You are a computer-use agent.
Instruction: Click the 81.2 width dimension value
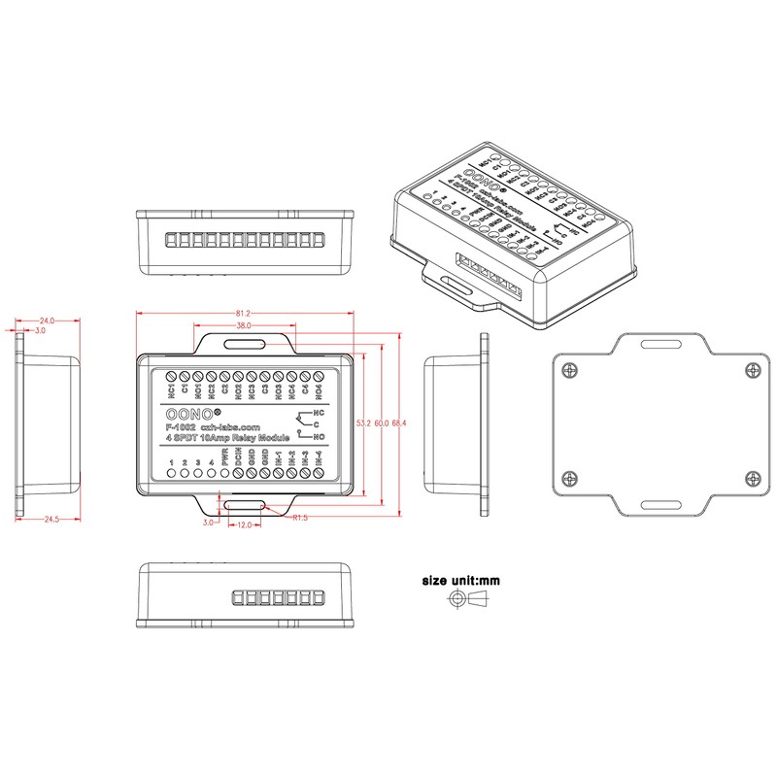(243, 313)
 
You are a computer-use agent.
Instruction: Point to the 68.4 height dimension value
(397, 423)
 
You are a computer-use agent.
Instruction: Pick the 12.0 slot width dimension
(245, 524)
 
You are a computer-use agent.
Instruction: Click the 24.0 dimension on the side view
(46, 321)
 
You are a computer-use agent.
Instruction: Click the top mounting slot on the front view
(243, 343)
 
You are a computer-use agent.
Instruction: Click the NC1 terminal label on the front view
(172, 389)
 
